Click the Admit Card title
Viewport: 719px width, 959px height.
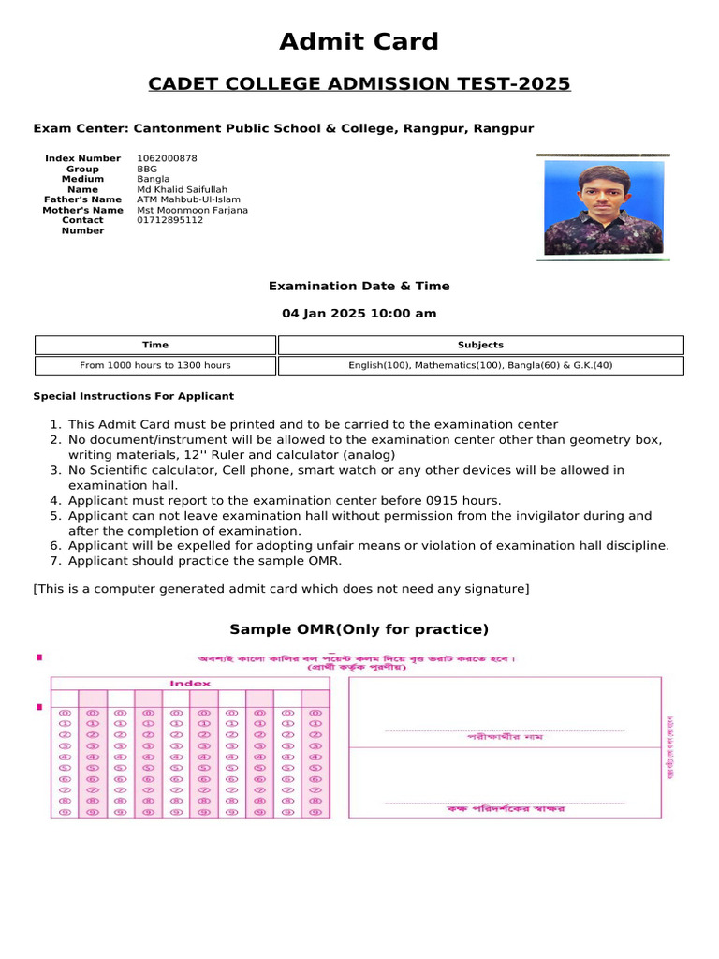[x=359, y=42]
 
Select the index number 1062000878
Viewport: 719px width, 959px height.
[x=167, y=159]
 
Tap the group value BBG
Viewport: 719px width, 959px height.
[x=148, y=170]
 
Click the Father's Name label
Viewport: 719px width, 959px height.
[x=82, y=199]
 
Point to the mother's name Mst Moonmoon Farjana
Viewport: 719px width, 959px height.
[x=192, y=210]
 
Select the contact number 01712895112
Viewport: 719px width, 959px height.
[x=169, y=220]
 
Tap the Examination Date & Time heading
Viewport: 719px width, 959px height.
[x=359, y=287]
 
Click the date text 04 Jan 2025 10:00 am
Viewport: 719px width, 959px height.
[x=359, y=314]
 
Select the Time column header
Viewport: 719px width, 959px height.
[x=155, y=345]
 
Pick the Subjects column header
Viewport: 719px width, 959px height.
[x=480, y=345]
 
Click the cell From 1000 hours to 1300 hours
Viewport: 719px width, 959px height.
[x=155, y=365]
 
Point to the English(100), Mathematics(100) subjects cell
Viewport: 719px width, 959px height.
[x=480, y=365]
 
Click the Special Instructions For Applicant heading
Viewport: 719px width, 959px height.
[x=134, y=396]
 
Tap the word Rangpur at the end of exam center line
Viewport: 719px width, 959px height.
[x=504, y=128]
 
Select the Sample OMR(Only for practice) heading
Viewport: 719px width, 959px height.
[x=359, y=629]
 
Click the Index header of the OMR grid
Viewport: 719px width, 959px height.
[x=190, y=684]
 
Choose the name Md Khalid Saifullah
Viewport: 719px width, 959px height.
[x=182, y=189]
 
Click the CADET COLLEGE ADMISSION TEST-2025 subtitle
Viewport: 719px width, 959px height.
[x=359, y=84]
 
